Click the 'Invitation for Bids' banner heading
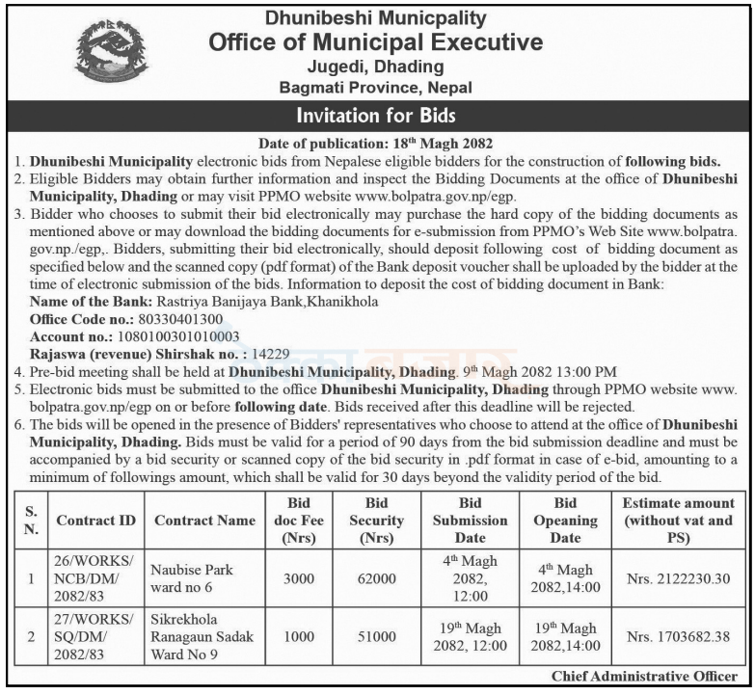click(x=376, y=116)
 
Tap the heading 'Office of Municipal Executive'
click(x=376, y=42)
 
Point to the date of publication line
click(x=377, y=142)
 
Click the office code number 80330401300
click(x=172, y=319)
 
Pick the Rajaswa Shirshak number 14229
click(x=241, y=354)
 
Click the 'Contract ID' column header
click(x=95, y=521)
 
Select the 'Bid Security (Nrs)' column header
click(x=376, y=521)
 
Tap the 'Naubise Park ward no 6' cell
click(x=191, y=578)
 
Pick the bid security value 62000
click(x=376, y=578)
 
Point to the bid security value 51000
click(x=376, y=636)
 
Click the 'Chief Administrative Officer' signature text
click(x=645, y=678)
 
